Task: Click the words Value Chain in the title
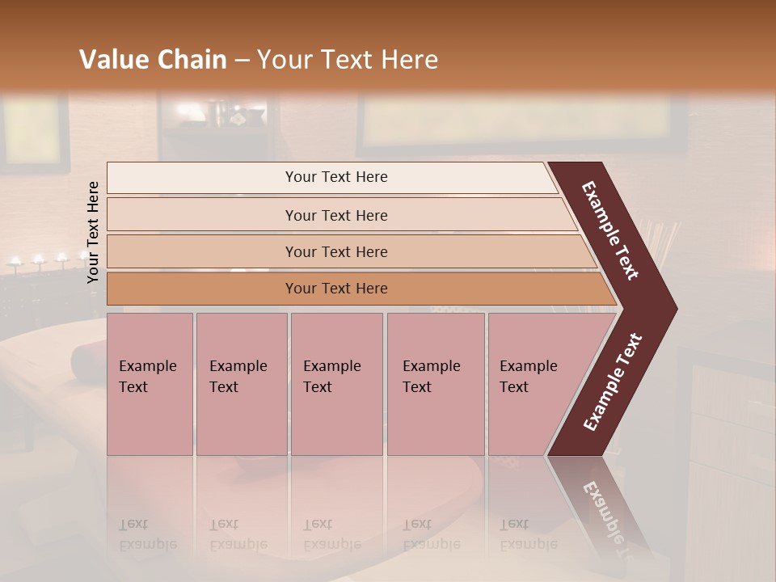(153, 60)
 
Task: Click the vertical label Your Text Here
(93, 232)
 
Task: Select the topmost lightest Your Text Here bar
(202, 178)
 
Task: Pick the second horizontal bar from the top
(202, 215)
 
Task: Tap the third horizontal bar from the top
(202, 251)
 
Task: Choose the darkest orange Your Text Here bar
(202, 289)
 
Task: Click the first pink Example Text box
(150, 384)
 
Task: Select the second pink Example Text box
(241, 384)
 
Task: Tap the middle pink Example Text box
(336, 384)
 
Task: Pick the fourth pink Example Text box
(435, 384)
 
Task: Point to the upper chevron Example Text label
(610, 230)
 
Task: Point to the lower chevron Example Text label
(613, 382)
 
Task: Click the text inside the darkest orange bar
(336, 289)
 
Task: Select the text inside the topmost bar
(336, 177)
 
